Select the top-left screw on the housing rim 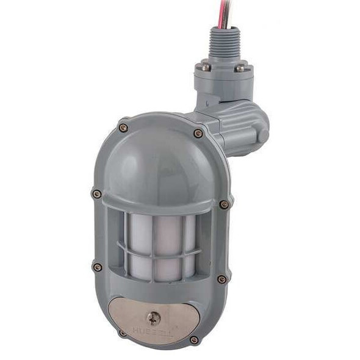[123, 128]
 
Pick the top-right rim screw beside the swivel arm [198, 133]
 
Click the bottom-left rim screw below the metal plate [123, 333]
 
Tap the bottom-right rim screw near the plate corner [194, 339]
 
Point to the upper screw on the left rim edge [96, 194]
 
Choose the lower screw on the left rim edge [97, 267]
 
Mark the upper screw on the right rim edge [224, 204]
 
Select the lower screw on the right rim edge [221, 279]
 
